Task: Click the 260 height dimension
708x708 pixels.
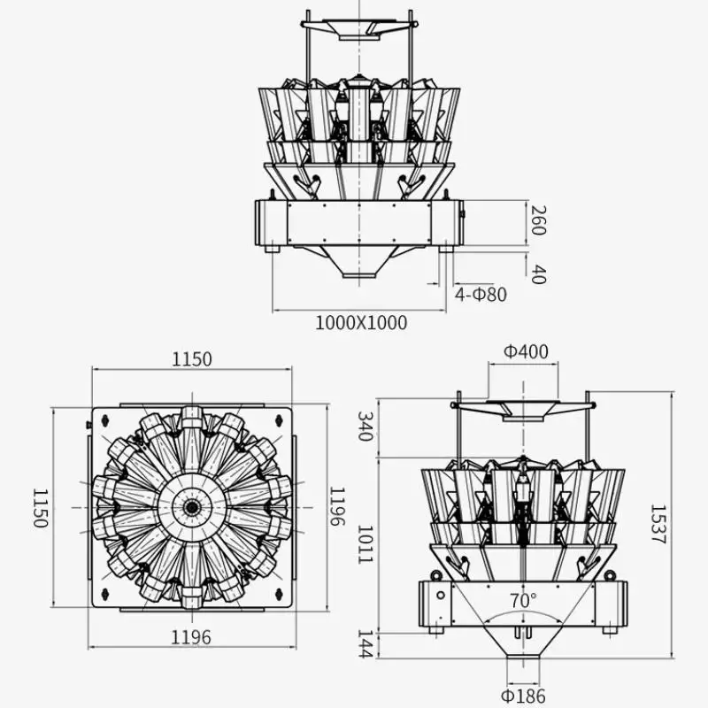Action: (x=537, y=220)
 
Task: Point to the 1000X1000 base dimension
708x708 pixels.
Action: (x=361, y=323)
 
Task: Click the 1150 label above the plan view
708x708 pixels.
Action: (x=192, y=359)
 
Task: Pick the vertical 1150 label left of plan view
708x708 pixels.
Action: (x=40, y=506)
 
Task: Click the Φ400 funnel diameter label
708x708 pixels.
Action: (x=526, y=351)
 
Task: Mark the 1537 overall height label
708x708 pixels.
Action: (x=658, y=524)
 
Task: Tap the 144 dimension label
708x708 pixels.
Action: (x=365, y=644)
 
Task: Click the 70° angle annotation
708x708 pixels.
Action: (x=523, y=601)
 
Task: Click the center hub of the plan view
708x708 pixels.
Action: (x=191, y=506)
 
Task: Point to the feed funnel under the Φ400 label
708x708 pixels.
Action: (x=522, y=408)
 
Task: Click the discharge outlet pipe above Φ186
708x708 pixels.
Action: (x=522, y=666)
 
